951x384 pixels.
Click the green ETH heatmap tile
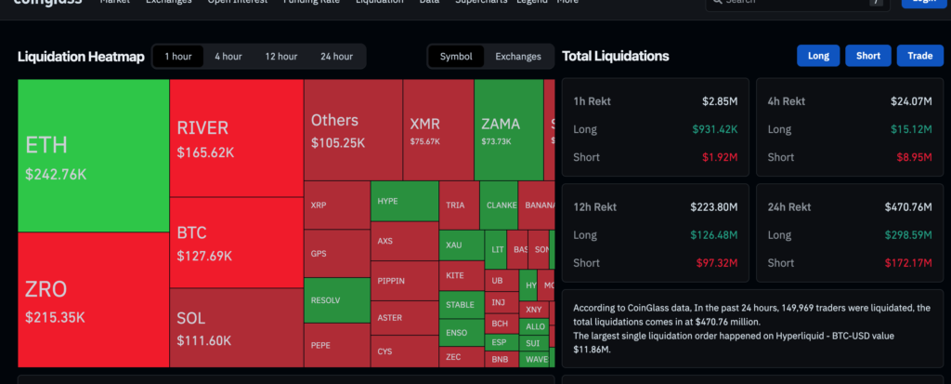(x=93, y=155)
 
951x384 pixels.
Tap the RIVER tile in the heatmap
(x=236, y=137)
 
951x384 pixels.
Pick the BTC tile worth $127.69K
(x=236, y=244)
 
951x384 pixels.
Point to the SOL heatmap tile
(x=236, y=329)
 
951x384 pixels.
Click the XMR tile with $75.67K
(x=438, y=130)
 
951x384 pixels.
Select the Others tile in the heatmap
(x=352, y=130)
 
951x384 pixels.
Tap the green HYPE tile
(x=404, y=201)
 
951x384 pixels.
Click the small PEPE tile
(x=336, y=345)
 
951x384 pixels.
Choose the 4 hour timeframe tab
(x=228, y=57)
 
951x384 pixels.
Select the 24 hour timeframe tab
(x=337, y=57)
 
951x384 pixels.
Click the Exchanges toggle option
(x=517, y=57)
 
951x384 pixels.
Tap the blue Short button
(x=867, y=56)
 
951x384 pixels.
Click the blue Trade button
(x=919, y=56)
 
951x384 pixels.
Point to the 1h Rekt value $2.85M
(x=720, y=100)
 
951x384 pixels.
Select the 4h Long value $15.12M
(x=911, y=129)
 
